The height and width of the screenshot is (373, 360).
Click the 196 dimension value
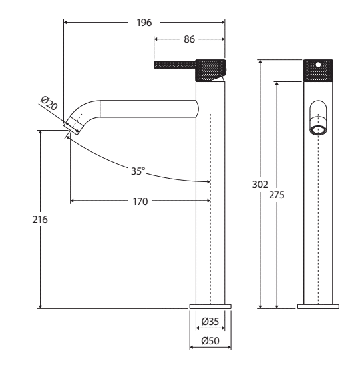144,23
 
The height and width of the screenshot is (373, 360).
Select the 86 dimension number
189,39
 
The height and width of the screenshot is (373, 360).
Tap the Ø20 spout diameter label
49,103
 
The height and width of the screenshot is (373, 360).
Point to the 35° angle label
138,171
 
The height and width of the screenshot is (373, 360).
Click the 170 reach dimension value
140,202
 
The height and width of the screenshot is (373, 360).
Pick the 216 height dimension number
40,220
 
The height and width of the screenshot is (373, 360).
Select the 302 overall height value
260,185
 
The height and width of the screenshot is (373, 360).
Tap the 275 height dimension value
277,195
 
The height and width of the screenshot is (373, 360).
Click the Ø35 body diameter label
210,322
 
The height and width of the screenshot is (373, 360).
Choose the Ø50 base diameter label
210,341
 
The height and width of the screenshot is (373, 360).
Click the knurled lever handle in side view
174,65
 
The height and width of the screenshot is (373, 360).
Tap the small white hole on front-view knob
318,65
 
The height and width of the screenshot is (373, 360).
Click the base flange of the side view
210,306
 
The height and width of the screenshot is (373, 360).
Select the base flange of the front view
319,306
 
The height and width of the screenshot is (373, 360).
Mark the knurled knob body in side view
210,70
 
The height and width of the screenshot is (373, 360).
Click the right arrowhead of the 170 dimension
208,201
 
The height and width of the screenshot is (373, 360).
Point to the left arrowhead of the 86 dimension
156,39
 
